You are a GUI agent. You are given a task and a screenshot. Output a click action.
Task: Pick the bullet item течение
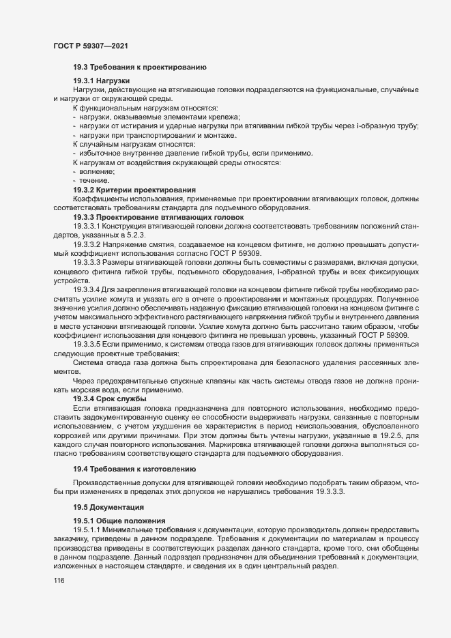pyautogui.click(x=99, y=181)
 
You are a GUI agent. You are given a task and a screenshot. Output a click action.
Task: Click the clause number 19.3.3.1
pyautogui.click(x=87, y=224)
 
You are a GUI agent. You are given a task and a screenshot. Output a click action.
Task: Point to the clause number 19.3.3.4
pyautogui.click(x=87, y=291)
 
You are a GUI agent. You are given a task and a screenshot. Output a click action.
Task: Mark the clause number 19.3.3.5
pyautogui.click(x=87, y=345)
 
